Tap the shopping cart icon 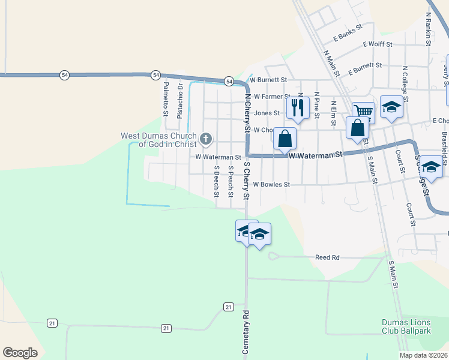363,111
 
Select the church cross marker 205,140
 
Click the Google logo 20,353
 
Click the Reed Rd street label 327,257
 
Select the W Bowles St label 271,185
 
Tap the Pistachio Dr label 179,100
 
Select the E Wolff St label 377,44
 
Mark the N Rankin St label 429,29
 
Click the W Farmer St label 271,96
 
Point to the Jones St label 267,113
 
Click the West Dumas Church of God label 159,140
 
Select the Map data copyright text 423,355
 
